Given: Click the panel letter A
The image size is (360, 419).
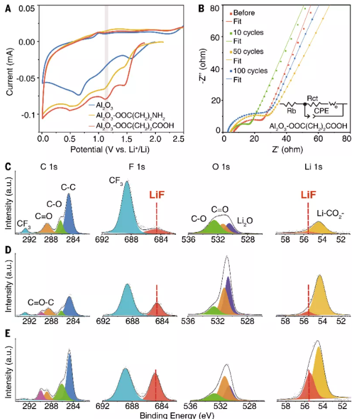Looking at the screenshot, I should [x=7, y=7].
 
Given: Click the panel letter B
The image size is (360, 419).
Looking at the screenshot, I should [x=201, y=7].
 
